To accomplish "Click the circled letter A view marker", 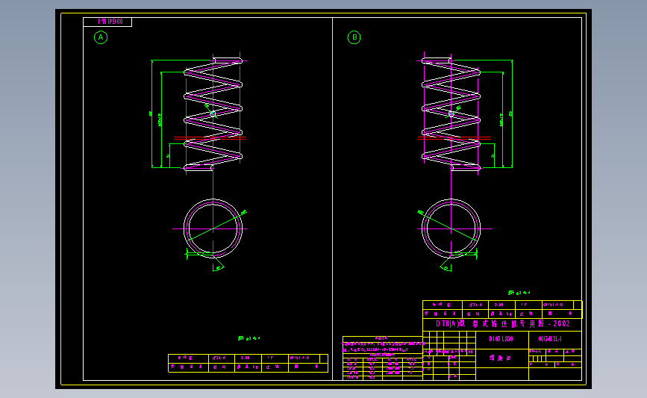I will coord(101,37).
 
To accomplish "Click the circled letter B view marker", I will coord(354,37).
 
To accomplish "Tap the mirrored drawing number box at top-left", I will coord(107,22).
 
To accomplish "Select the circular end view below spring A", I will coord(213,228).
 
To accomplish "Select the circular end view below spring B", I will coord(451,228).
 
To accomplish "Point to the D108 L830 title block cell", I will coord(501,338).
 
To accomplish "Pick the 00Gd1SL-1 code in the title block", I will coord(550,338).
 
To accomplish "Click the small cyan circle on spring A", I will coord(213,114).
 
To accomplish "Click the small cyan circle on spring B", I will coord(451,114).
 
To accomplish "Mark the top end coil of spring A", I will coord(227,60).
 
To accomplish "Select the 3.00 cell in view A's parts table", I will coord(246,358).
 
